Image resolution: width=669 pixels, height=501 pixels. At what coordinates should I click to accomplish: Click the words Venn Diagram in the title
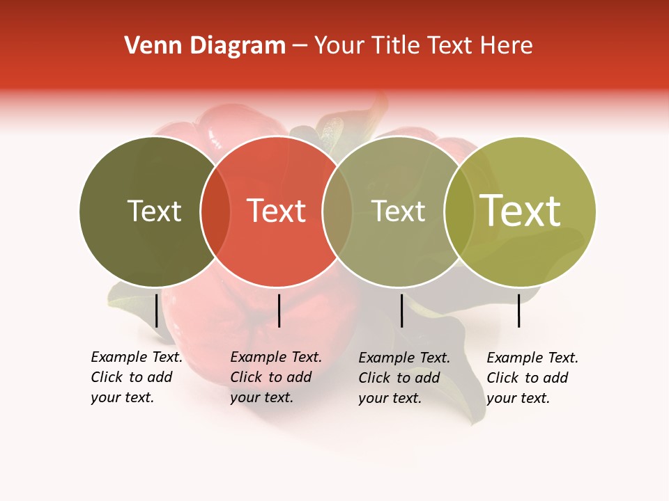pyautogui.click(x=205, y=46)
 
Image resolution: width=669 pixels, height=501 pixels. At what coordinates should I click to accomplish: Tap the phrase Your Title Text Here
pyautogui.click(x=423, y=46)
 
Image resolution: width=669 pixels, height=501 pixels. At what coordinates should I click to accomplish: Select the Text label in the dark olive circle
pyautogui.click(x=154, y=211)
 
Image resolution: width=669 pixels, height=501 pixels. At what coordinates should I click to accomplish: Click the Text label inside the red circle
pyautogui.click(x=277, y=211)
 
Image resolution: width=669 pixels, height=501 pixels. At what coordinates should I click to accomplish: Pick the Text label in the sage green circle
pyautogui.click(x=399, y=211)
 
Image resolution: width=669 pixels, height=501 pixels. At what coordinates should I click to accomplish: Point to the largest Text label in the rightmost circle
pyautogui.click(x=521, y=211)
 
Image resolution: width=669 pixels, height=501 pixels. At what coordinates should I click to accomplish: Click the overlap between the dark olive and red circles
pyautogui.click(x=215, y=212)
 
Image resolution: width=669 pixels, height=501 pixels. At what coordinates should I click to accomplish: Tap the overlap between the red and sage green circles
pyautogui.click(x=337, y=212)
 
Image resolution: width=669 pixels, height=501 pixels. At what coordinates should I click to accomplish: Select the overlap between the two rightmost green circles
pyautogui.click(x=459, y=212)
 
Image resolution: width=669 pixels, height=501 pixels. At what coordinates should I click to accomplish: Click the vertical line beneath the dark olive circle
pyautogui.click(x=156, y=310)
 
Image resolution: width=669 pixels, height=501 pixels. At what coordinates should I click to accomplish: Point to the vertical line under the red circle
pyautogui.click(x=279, y=310)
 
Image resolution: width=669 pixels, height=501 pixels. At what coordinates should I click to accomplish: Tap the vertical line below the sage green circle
pyautogui.click(x=401, y=310)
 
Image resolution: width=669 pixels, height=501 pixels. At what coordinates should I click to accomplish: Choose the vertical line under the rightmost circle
pyautogui.click(x=518, y=310)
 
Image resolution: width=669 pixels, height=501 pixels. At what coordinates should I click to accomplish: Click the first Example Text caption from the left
pyautogui.click(x=137, y=377)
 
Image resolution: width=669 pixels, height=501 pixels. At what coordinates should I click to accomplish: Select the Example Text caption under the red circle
pyautogui.click(x=276, y=377)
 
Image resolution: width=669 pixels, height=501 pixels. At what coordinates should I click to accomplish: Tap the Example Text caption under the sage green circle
pyautogui.click(x=404, y=378)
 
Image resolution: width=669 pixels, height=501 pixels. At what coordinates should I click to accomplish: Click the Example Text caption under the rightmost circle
pyautogui.click(x=532, y=378)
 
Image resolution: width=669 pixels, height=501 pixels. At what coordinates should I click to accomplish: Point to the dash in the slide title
pyautogui.click(x=300, y=46)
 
